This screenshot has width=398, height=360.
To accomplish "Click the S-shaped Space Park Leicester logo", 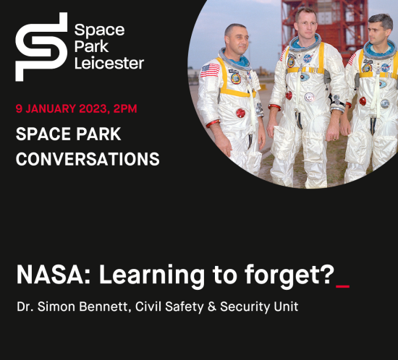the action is (41, 47).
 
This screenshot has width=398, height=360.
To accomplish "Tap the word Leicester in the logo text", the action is (109, 63).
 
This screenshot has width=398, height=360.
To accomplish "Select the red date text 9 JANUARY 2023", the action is (61, 108).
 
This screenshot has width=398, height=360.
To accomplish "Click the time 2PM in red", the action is (125, 108).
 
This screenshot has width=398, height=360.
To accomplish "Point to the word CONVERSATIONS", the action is (88, 159).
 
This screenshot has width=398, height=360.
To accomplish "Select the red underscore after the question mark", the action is (343, 286).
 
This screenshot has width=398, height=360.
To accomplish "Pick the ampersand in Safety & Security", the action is (212, 307).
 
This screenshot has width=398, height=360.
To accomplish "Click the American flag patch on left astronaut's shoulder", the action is (210, 70).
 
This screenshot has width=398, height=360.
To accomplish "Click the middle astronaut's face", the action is (307, 25).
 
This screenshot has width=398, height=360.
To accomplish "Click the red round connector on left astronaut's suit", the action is (240, 113).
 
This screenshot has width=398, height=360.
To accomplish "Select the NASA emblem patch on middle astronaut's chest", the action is (308, 59).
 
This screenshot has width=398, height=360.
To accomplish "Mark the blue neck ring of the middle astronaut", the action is (305, 44).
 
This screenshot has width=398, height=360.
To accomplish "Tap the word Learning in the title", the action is (152, 276).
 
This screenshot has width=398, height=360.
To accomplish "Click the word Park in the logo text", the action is (92, 47).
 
